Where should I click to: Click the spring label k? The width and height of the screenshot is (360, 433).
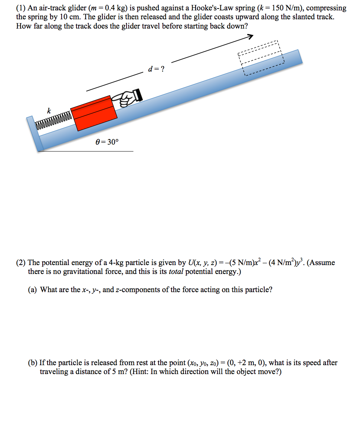[48, 110]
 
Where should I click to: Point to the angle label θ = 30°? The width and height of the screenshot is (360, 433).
[107, 142]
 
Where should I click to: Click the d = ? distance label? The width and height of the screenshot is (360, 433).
[156, 69]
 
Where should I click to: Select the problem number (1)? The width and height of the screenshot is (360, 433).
[21, 8]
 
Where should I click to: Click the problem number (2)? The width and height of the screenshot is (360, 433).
[21, 263]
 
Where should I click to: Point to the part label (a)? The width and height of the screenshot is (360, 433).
[33, 290]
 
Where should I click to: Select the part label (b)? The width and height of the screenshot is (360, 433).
[33, 363]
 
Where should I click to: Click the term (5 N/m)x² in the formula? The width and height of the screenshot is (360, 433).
[243, 262]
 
